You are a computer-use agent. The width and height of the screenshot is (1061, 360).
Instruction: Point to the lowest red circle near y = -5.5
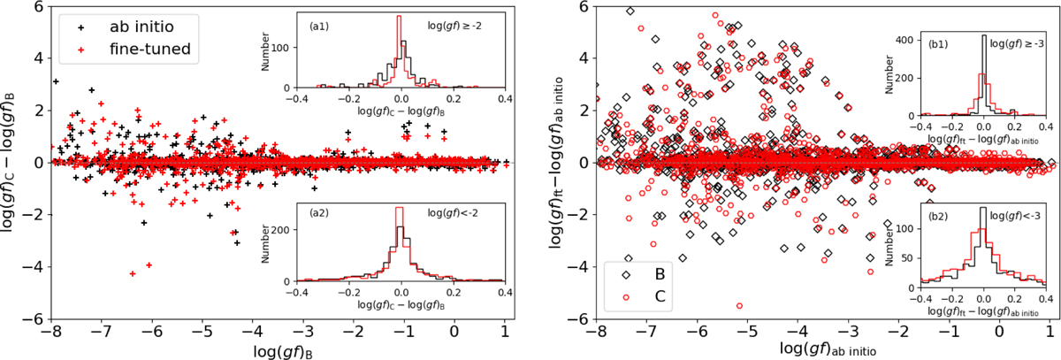(739, 306)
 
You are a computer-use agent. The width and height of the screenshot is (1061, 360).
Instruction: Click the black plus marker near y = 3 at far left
(57, 81)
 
